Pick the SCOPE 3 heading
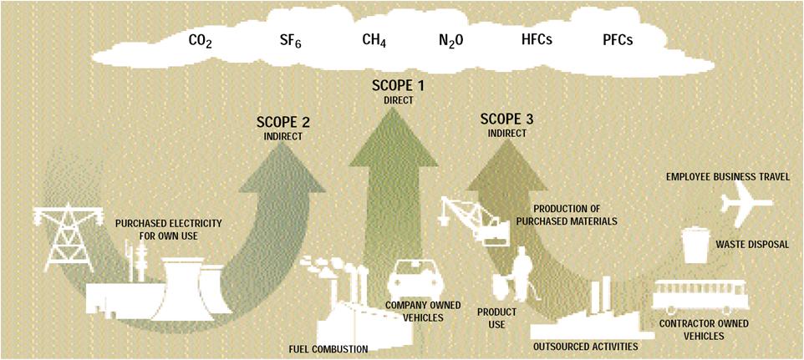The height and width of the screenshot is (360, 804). coord(506,119)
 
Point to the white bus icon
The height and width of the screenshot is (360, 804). coord(700,296)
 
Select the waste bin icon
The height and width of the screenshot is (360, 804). coord(696,245)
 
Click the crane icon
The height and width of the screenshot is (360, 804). coord(476,219)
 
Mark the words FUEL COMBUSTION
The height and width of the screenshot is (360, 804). coord(328,350)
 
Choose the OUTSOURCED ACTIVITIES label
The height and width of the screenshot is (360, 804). coord(586,347)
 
